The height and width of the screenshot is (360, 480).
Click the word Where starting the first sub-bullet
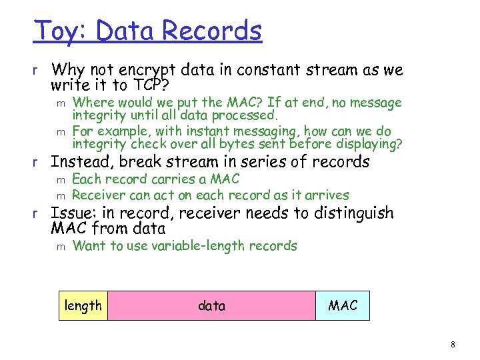(92, 103)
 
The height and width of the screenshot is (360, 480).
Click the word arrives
(326, 195)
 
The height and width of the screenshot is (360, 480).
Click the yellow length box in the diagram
(83, 306)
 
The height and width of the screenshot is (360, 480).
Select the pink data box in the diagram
(211, 306)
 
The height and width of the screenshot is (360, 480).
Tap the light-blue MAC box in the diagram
(343, 306)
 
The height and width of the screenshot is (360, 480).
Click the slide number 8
(453, 345)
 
